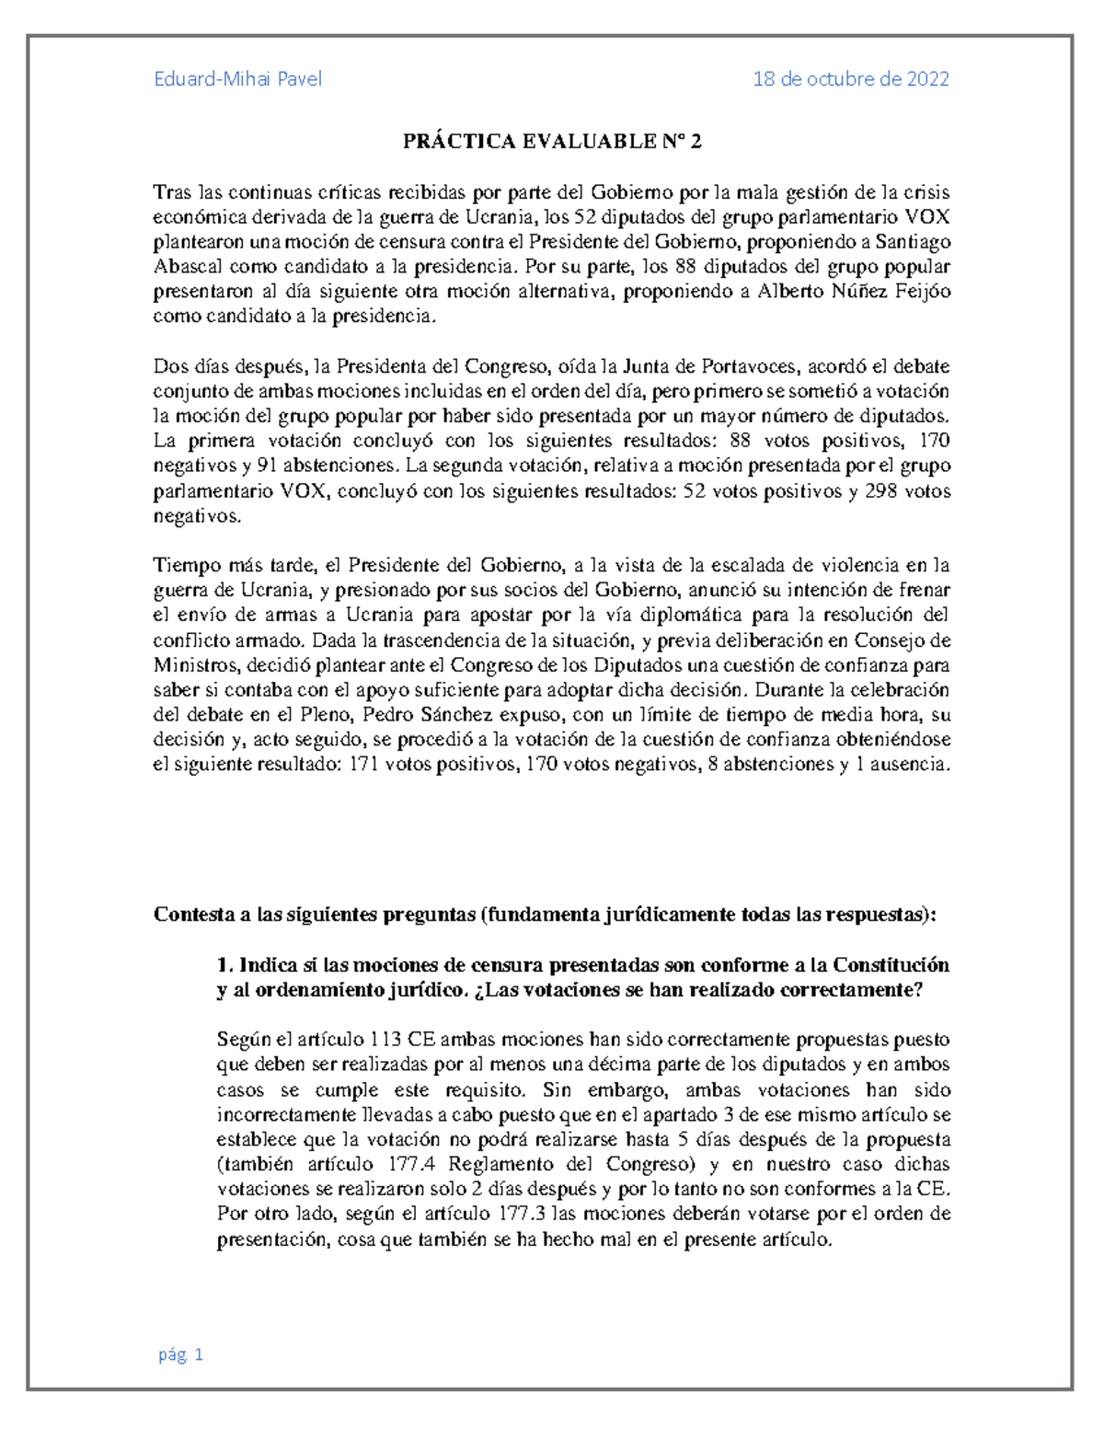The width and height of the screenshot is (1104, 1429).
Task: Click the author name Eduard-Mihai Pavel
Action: (237, 79)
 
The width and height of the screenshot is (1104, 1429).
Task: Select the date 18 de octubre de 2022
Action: (851, 79)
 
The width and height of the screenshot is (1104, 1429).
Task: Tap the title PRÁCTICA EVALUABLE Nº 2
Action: (552, 142)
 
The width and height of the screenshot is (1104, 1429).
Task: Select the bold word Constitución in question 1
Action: (891, 965)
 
